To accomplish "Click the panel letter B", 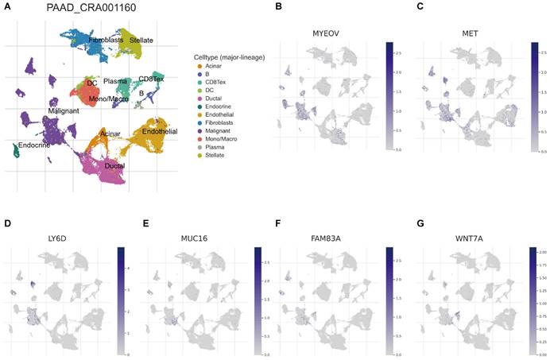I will click(278, 6).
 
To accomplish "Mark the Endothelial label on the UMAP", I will click(161, 130).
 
